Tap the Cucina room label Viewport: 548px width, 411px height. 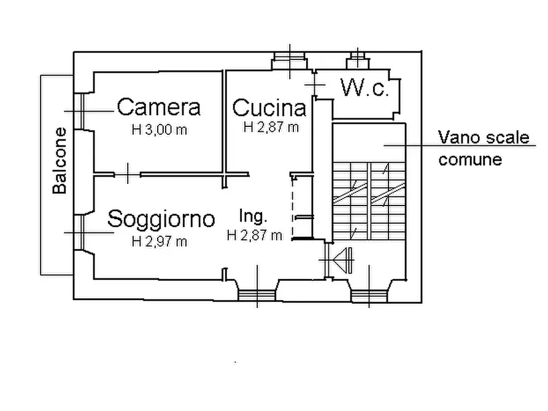coord(269,108)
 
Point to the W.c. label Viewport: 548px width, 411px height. coord(365,90)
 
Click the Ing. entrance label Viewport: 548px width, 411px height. coord(253,216)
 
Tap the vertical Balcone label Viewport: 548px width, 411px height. coord(60,161)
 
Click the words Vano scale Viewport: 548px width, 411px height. coord(483,137)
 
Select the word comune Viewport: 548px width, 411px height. coord(469,159)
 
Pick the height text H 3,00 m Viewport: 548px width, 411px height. coord(159,129)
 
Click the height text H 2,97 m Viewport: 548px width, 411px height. coord(160,241)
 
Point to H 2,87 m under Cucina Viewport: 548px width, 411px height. coord(271,128)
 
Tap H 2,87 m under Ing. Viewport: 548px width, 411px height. coord(254,235)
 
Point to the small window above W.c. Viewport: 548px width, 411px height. coord(357,60)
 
